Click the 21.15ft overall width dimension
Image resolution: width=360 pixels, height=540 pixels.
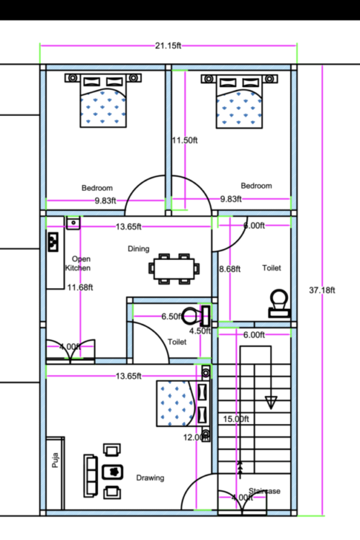pos(168,45)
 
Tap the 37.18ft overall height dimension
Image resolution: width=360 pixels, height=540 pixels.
pos(321,290)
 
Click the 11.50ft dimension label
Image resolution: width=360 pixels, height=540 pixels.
pos(184,140)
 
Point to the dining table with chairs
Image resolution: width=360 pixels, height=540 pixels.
pos(174,267)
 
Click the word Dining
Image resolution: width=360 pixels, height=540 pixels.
pos(138,249)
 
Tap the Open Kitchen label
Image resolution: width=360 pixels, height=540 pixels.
pos(78,263)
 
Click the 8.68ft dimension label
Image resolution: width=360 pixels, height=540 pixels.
pos(230,269)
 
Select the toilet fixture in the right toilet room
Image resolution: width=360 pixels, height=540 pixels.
pos(278,303)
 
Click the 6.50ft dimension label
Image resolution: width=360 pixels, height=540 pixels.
pos(171,316)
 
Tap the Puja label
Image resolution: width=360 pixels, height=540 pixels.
pos(55,460)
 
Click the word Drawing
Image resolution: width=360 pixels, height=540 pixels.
pos(150,477)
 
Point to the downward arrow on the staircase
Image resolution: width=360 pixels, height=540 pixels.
pos(271,401)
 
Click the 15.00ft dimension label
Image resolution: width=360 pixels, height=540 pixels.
pos(235,419)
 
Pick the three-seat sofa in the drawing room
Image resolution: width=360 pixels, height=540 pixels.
pos(91,472)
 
